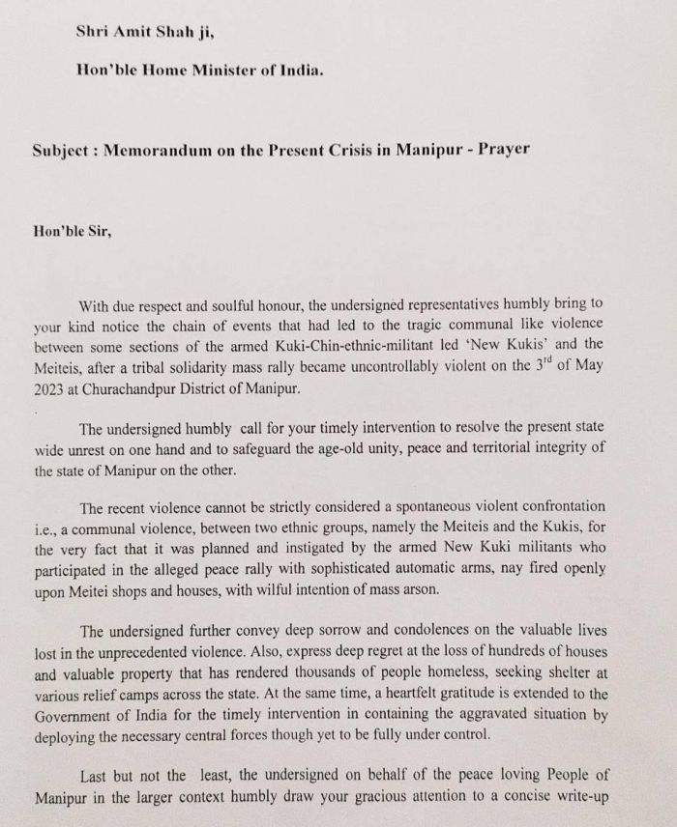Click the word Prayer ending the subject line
point(505,153)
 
